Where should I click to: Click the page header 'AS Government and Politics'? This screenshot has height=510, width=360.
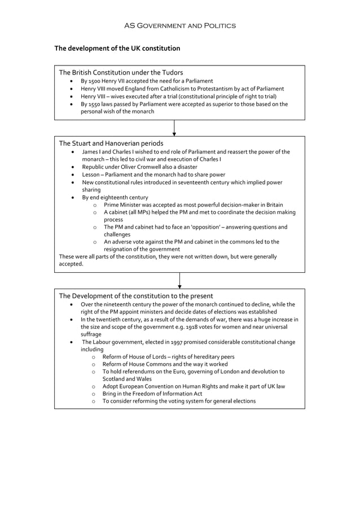[x=180, y=25]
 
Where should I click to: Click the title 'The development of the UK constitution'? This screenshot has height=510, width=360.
[x=117, y=49]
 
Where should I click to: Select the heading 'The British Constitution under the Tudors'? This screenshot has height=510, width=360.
[x=121, y=72]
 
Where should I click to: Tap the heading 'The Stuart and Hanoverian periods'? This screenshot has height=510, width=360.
[x=111, y=143]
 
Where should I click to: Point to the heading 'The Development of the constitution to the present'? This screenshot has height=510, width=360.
[x=136, y=296]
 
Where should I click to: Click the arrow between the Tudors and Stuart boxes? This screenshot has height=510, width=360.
[x=174, y=128]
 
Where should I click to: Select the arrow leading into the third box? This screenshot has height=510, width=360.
[x=179, y=281]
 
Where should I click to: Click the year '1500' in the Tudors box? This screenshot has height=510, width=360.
[x=95, y=81]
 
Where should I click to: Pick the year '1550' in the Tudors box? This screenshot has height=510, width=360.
[x=95, y=104]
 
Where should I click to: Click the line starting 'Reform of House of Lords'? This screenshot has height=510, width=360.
[x=168, y=357]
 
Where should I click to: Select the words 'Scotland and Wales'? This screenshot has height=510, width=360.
[x=127, y=379]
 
